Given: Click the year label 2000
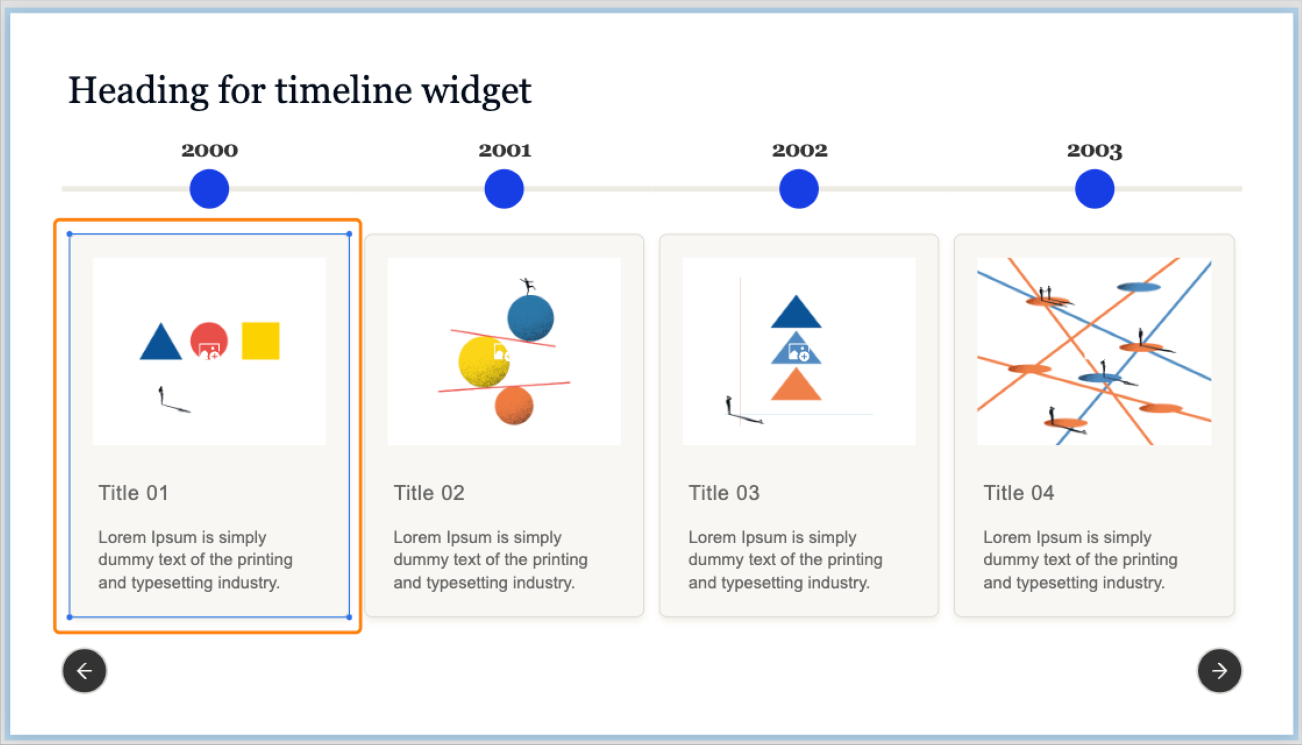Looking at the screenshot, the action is [209, 150].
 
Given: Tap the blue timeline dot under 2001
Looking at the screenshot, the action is [504, 189].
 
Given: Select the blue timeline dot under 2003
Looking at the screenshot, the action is [1094, 189].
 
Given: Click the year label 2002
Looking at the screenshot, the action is [799, 150].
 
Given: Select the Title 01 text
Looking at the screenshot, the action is [133, 493].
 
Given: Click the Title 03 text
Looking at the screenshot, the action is [724, 493].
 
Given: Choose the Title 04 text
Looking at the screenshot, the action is [1019, 493].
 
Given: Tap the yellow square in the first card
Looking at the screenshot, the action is [260, 340].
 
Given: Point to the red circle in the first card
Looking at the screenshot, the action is [209, 340].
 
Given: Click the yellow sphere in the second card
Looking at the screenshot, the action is [483, 362].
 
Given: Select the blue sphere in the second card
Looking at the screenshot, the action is [531, 318].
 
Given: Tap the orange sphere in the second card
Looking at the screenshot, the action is [514, 406].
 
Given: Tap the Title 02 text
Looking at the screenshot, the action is [429, 493].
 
